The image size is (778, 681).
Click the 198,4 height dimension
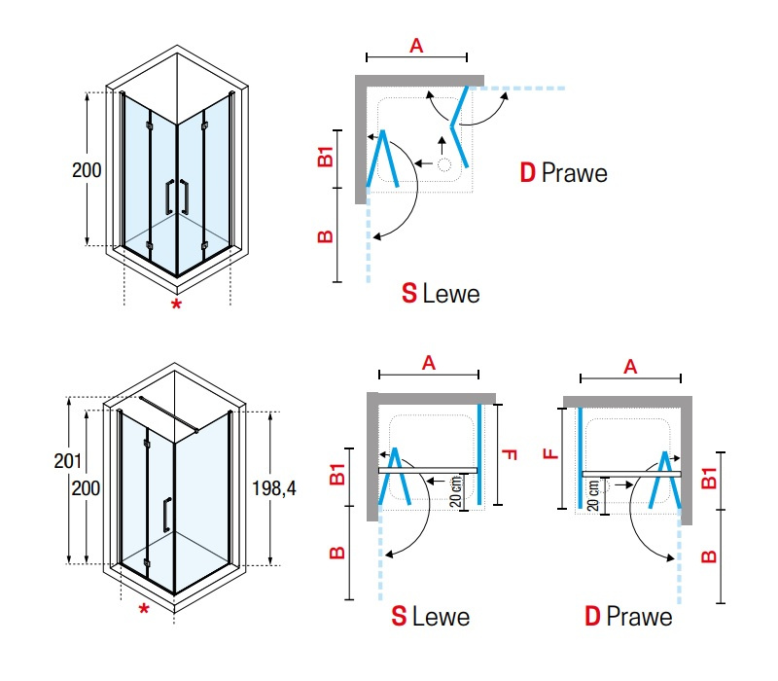pyautogui.click(x=274, y=489)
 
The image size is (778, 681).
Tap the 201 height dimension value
pyautogui.click(x=67, y=461)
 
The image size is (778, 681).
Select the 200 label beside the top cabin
pyautogui.click(x=87, y=170)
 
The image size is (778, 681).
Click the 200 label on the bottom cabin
pyautogui.click(x=86, y=488)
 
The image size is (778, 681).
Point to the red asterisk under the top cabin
pyautogui.click(x=176, y=305)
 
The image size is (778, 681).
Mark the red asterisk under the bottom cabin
pyautogui.click(x=144, y=609)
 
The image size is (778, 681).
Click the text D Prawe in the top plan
pyautogui.click(x=564, y=173)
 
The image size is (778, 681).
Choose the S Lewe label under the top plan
pyautogui.click(x=441, y=294)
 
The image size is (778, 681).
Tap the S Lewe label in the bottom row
pyautogui.click(x=430, y=617)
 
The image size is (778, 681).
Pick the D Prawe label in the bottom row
pyautogui.click(x=628, y=617)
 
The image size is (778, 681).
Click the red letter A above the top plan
pyautogui.click(x=416, y=46)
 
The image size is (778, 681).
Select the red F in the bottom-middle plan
pyautogui.click(x=510, y=454)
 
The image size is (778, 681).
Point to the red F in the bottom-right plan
pyautogui.click(x=551, y=453)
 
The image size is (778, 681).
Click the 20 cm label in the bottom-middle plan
pyautogui.click(x=456, y=491)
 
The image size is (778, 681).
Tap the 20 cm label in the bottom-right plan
pyautogui.click(x=593, y=495)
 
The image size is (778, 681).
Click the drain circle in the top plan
pyautogui.click(x=443, y=164)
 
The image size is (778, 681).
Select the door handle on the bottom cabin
pyautogui.click(x=167, y=515)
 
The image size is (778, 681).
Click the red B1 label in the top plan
pyautogui.click(x=326, y=157)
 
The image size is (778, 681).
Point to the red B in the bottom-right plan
pyautogui.click(x=710, y=556)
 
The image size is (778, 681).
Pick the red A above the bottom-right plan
pyautogui.click(x=630, y=368)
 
